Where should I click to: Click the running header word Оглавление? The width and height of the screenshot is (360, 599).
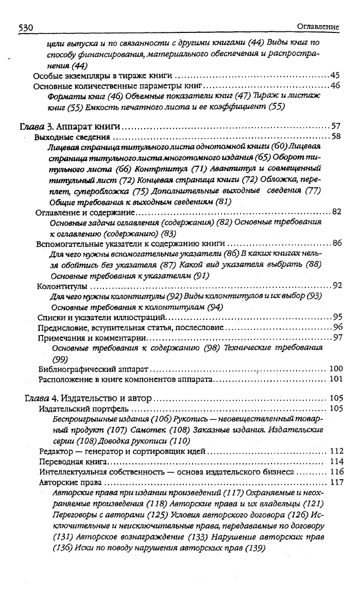318,27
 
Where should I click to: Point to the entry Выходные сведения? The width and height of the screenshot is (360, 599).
72,137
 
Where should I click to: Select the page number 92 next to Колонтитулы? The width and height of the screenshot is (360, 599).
337,286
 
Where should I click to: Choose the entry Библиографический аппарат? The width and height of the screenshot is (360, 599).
94,369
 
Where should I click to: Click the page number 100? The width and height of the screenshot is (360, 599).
335,369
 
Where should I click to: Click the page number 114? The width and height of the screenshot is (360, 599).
336,462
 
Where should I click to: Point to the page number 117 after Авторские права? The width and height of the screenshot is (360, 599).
336,483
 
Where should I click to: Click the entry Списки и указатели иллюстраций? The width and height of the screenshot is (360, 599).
101,317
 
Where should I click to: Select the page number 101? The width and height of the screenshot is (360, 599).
336,380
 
